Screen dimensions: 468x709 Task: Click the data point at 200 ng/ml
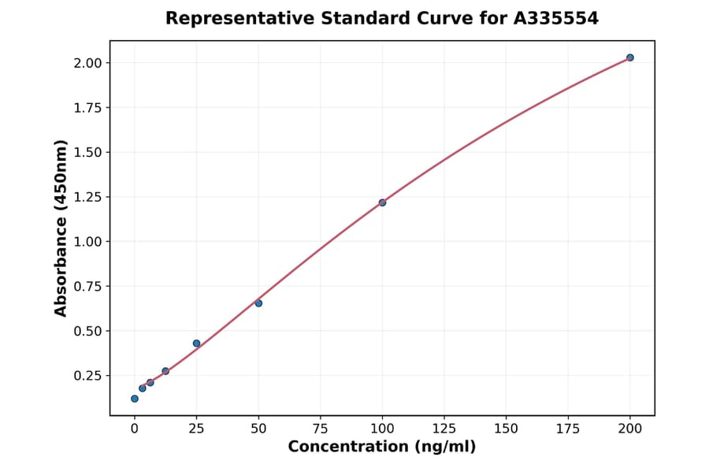click(x=630, y=58)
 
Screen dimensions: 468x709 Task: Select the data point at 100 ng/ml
click(x=382, y=202)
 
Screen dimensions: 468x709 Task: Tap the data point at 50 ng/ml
click(x=258, y=303)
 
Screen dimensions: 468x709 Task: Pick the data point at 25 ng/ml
click(x=196, y=344)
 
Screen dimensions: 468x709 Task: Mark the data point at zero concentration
click(x=135, y=399)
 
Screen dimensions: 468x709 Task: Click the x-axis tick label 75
click(x=320, y=429)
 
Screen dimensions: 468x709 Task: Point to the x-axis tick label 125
click(x=444, y=429)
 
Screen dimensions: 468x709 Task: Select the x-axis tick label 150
click(x=506, y=429)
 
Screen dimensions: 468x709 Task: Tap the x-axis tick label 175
click(x=568, y=429)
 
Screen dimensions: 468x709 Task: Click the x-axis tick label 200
click(x=630, y=429)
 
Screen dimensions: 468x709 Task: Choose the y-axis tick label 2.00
click(x=88, y=63)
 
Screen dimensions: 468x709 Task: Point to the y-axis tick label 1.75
click(x=88, y=108)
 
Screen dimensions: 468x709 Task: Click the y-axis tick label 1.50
click(x=88, y=152)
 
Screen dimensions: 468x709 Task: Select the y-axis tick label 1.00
click(x=88, y=242)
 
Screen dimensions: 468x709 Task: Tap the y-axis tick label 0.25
click(x=88, y=376)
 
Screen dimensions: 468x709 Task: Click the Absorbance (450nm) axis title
click(x=61, y=228)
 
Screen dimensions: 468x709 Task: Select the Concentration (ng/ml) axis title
click(x=382, y=447)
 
